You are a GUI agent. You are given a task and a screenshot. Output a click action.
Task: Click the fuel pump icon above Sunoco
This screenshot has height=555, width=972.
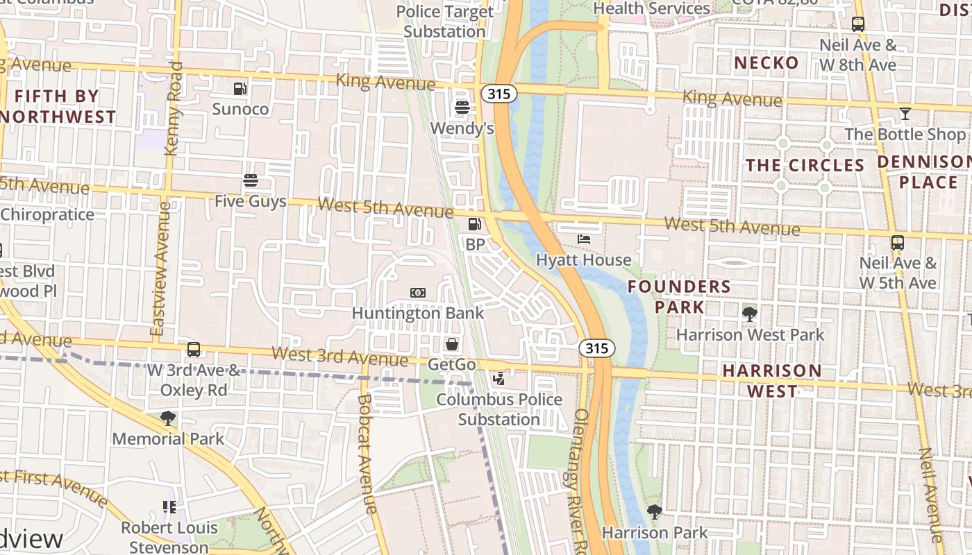coord(240,89)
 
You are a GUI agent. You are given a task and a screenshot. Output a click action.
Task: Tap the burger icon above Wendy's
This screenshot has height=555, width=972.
coord(462,108)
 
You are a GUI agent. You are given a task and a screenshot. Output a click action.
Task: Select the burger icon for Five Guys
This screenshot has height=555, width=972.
coord(251,181)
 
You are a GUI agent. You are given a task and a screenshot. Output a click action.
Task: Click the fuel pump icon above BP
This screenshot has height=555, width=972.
coord(475,224)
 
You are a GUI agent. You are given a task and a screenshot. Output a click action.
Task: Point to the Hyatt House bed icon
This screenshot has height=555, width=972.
coord(584,239)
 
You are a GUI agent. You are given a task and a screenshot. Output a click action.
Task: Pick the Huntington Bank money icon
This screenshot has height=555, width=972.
coord(417,293)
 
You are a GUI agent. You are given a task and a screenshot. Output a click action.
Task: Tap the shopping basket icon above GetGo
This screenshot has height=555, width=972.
coord(452,344)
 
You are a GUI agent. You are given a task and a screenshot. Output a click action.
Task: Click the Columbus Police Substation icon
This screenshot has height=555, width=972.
coord(498,379)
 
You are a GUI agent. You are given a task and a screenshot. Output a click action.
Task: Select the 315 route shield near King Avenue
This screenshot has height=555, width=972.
coord(500,94)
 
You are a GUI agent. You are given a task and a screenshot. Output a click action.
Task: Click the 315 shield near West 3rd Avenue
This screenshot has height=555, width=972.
coord(597,348)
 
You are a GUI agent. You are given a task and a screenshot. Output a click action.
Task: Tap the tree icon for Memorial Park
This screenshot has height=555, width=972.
coord(167,418)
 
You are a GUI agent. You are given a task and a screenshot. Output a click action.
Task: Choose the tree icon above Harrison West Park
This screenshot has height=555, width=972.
coord(750,314)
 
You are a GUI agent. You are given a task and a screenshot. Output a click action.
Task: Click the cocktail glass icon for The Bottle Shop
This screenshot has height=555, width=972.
coord(905,114)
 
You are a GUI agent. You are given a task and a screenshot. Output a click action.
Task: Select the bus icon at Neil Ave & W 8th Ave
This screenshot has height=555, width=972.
coord(858,25)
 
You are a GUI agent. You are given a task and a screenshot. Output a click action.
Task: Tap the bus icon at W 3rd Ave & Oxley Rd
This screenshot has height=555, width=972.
coord(194,350)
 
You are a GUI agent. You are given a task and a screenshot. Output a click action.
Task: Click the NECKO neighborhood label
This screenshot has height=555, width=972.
coord(766,63)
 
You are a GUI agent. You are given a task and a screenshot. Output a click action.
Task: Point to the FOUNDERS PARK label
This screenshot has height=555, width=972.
coord(669,297)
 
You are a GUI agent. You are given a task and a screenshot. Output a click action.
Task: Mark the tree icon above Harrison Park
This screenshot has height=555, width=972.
coord(654,512)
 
